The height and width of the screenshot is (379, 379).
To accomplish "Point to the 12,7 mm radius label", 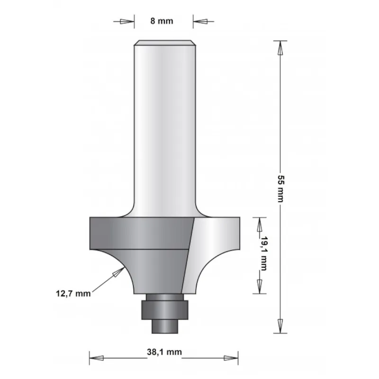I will point(76,294).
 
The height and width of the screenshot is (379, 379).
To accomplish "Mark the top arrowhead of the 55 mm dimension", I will point(280,48).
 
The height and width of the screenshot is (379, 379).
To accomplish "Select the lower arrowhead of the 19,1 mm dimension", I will point(259,286).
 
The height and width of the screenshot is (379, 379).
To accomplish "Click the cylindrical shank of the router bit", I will point(164,128).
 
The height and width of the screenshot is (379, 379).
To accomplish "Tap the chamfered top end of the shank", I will point(164,43).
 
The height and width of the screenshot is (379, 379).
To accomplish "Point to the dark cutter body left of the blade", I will point(142,237).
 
